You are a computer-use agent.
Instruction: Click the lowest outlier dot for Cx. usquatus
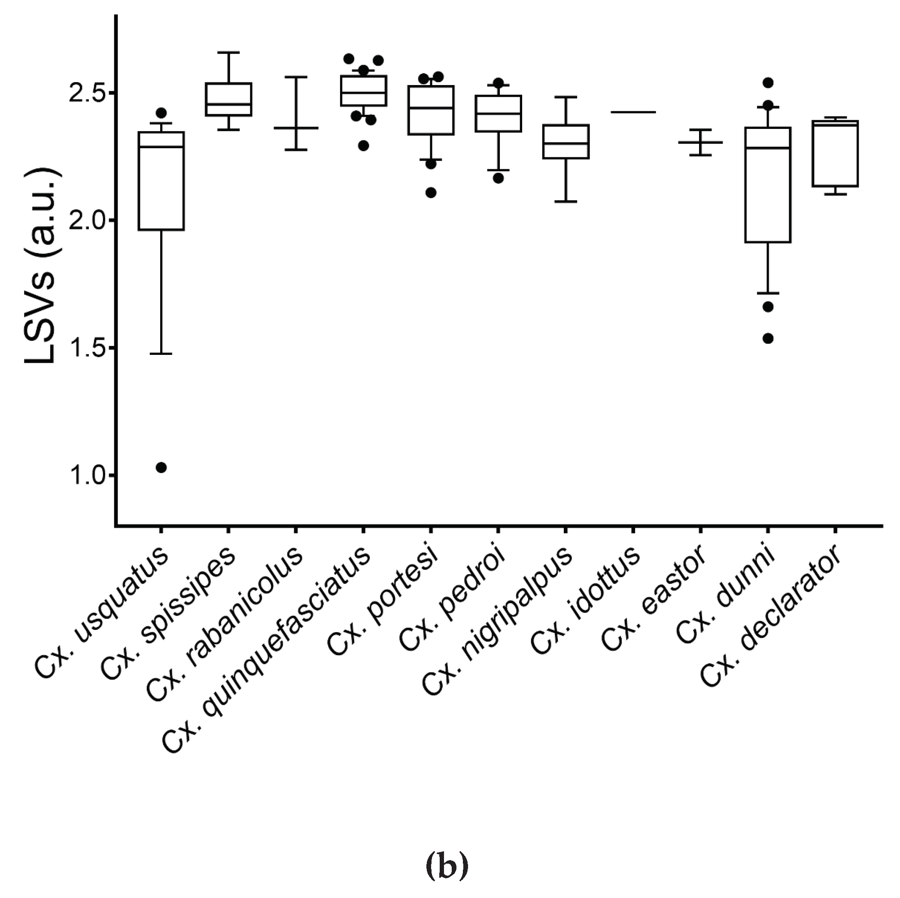[x=161, y=467]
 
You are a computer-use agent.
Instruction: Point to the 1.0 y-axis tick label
[x=87, y=476]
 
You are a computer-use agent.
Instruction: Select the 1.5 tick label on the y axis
[x=87, y=348]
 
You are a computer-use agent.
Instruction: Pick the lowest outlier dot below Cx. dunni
[x=768, y=339]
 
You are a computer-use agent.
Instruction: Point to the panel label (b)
[x=447, y=865]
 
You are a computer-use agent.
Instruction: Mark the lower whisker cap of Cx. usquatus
[x=161, y=354]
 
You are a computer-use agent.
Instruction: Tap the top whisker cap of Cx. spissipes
[x=229, y=53]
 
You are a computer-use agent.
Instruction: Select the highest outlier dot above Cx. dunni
[x=768, y=83]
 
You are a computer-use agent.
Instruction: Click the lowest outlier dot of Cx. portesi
[x=431, y=192]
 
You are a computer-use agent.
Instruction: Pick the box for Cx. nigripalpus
[x=566, y=142]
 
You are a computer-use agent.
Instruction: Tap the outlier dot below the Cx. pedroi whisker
[x=498, y=178]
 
